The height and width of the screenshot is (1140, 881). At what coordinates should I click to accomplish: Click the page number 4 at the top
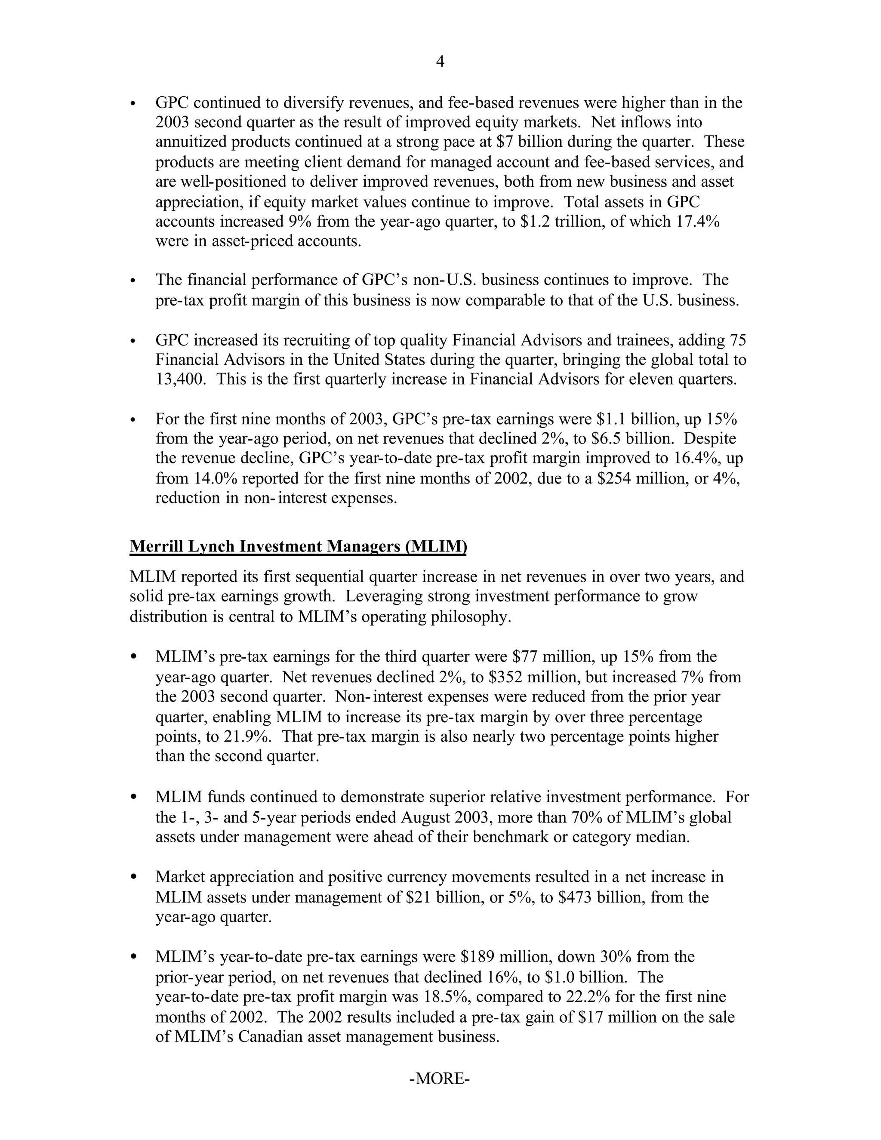(440, 62)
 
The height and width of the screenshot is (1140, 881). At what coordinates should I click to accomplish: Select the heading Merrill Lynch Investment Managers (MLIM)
(298, 546)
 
